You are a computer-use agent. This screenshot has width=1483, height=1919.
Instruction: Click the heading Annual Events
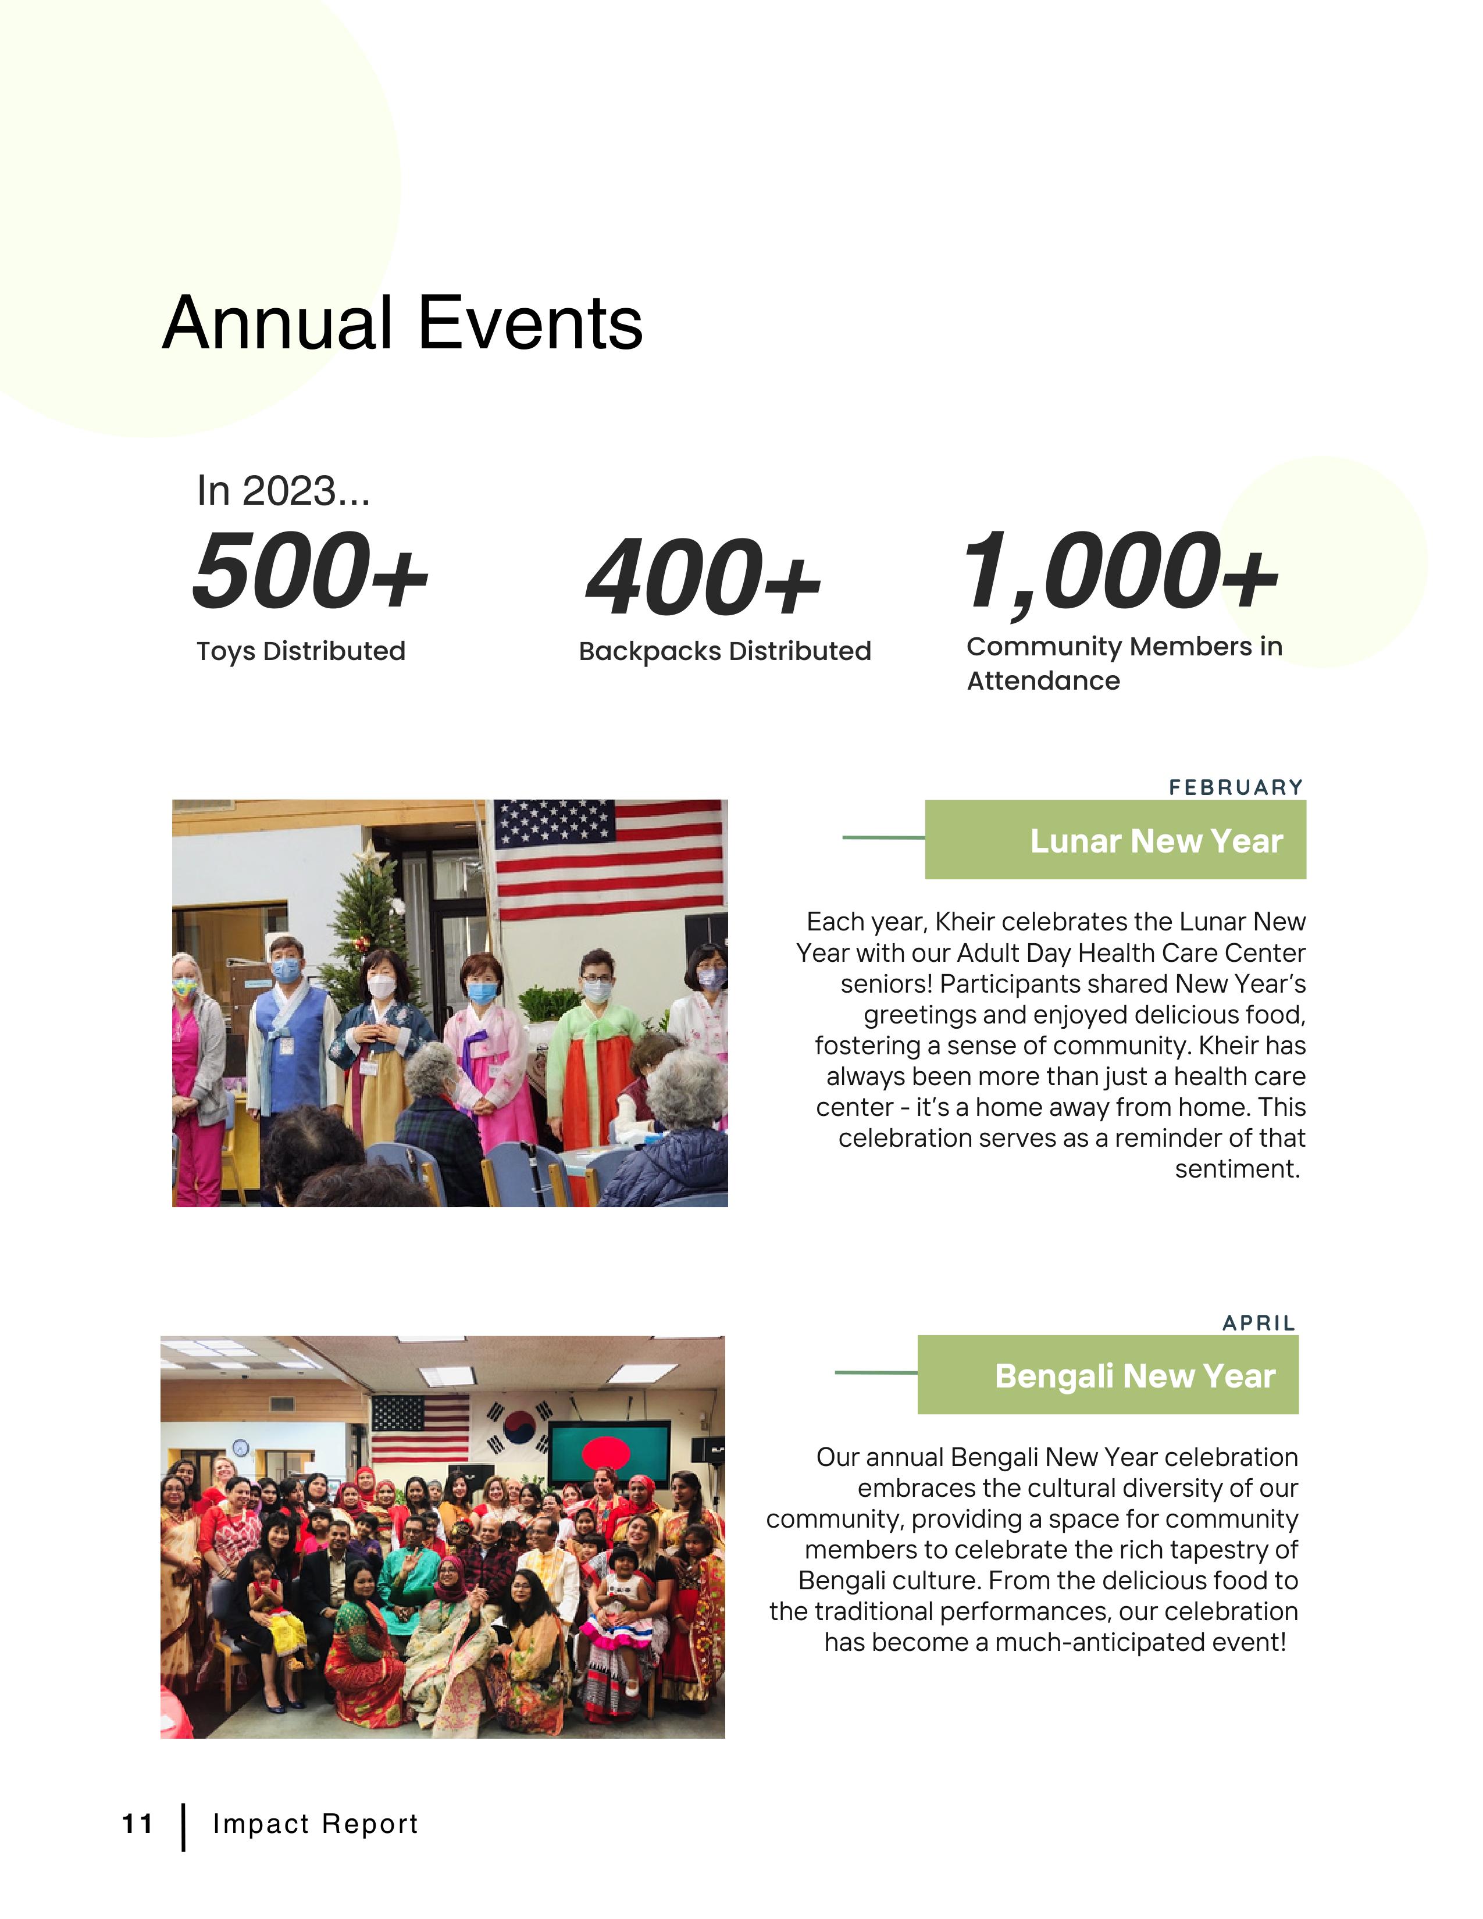(x=402, y=323)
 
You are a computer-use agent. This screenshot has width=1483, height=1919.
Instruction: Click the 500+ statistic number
(x=310, y=572)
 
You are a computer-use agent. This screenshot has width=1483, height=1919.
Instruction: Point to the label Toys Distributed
(x=301, y=651)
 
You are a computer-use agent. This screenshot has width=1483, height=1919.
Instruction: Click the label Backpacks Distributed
(x=725, y=651)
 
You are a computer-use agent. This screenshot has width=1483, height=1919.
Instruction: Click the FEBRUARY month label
(x=1235, y=787)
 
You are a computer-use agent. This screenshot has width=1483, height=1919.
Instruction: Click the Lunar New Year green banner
(x=1115, y=840)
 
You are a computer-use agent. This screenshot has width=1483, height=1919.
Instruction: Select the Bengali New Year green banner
(x=1107, y=1376)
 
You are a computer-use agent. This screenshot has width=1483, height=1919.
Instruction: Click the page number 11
(x=137, y=1825)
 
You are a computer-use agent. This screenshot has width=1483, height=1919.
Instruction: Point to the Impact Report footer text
(x=315, y=1825)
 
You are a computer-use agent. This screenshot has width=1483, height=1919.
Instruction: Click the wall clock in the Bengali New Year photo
(x=240, y=1447)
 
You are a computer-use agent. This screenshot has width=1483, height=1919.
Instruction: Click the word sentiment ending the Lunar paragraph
(x=1237, y=1169)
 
